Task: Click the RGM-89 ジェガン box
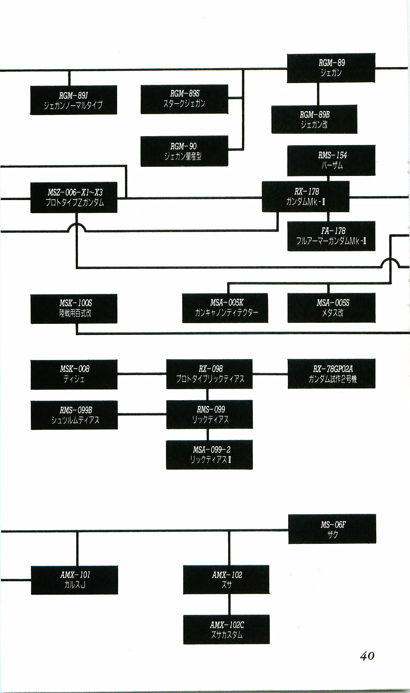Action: pos(331,68)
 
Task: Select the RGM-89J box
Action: pos(73,100)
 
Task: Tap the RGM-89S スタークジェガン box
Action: pos(184,99)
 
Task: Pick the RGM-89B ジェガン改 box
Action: pos(314,119)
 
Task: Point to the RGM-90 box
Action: pos(184,151)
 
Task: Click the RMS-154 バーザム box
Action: pos(331,161)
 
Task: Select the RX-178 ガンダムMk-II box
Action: pos(305,197)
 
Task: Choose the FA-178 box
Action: pos(331,236)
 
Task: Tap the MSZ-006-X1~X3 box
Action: pos(74,197)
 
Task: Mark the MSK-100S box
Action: pos(74,308)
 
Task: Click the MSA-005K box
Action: pos(225,308)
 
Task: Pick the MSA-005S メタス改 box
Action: pos(331,308)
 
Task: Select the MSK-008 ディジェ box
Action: pos(74,374)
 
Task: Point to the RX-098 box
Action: pos(209,374)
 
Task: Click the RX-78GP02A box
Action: pos(331,374)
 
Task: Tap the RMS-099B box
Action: pos(74,415)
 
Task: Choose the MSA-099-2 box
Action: pos(209,454)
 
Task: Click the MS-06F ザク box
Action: pos(332,529)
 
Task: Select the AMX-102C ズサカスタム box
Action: pos(226,629)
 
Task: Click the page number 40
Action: pos(367,656)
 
